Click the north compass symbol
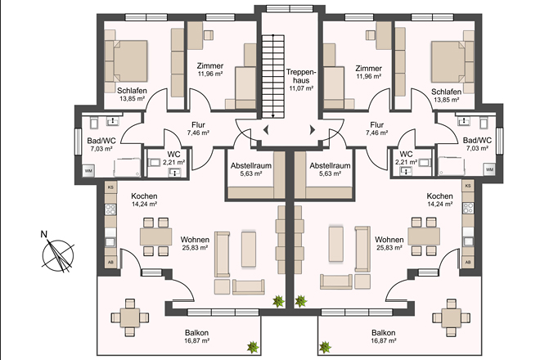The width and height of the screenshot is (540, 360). (x=57, y=254)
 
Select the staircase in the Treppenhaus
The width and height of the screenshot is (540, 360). (x=272, y=76)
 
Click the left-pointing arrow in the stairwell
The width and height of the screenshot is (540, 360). (x=266, y=130)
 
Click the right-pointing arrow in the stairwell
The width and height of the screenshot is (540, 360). (x=313, y=130)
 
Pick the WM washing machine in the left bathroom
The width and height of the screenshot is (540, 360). (x=88, y=171)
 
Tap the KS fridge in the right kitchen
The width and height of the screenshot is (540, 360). (x=468, y=186)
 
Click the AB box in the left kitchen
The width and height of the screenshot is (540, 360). (x=111, y=262)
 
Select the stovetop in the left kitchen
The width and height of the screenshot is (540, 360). (x=110, y=209)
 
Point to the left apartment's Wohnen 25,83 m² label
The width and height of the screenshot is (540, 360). (x=195, y=243)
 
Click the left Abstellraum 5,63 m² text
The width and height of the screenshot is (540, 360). (x=251, y=169)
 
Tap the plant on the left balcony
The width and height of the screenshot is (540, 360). (x=253, y=347)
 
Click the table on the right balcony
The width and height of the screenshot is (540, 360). (x=451, y=317)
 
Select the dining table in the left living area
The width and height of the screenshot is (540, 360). (x=155, y=236)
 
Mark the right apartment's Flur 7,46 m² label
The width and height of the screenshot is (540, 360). (x=377, y=128)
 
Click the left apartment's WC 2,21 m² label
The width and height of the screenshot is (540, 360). (x=174, y=157)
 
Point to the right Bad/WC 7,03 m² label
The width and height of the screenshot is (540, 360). (x=477, y=144)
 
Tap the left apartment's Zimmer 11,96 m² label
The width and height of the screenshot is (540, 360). (x=210, y=70)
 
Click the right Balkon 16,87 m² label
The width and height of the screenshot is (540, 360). (x=383, y=336)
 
